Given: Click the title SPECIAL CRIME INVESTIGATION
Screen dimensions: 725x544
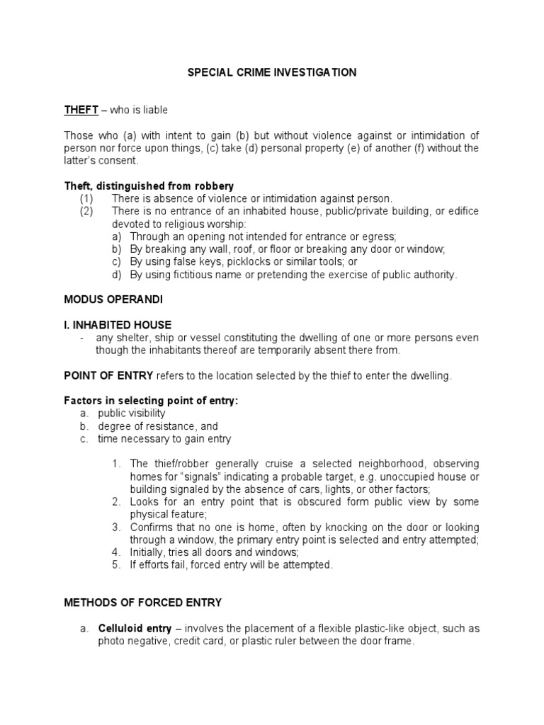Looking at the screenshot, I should [272, 72].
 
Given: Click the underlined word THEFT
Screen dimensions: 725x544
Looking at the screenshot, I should [79, 110].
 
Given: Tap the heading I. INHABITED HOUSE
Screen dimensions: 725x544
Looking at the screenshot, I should [118, 325].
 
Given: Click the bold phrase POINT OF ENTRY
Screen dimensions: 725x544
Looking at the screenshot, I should [108, 376].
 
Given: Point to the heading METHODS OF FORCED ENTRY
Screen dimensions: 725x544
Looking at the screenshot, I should [142, 603].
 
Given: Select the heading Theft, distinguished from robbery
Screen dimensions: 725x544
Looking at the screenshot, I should [149, 186].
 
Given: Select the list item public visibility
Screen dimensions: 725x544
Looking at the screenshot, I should [132, 413].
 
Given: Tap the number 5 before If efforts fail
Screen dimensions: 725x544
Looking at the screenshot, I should [116, 565].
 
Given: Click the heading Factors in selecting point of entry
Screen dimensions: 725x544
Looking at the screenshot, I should [151, 401].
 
